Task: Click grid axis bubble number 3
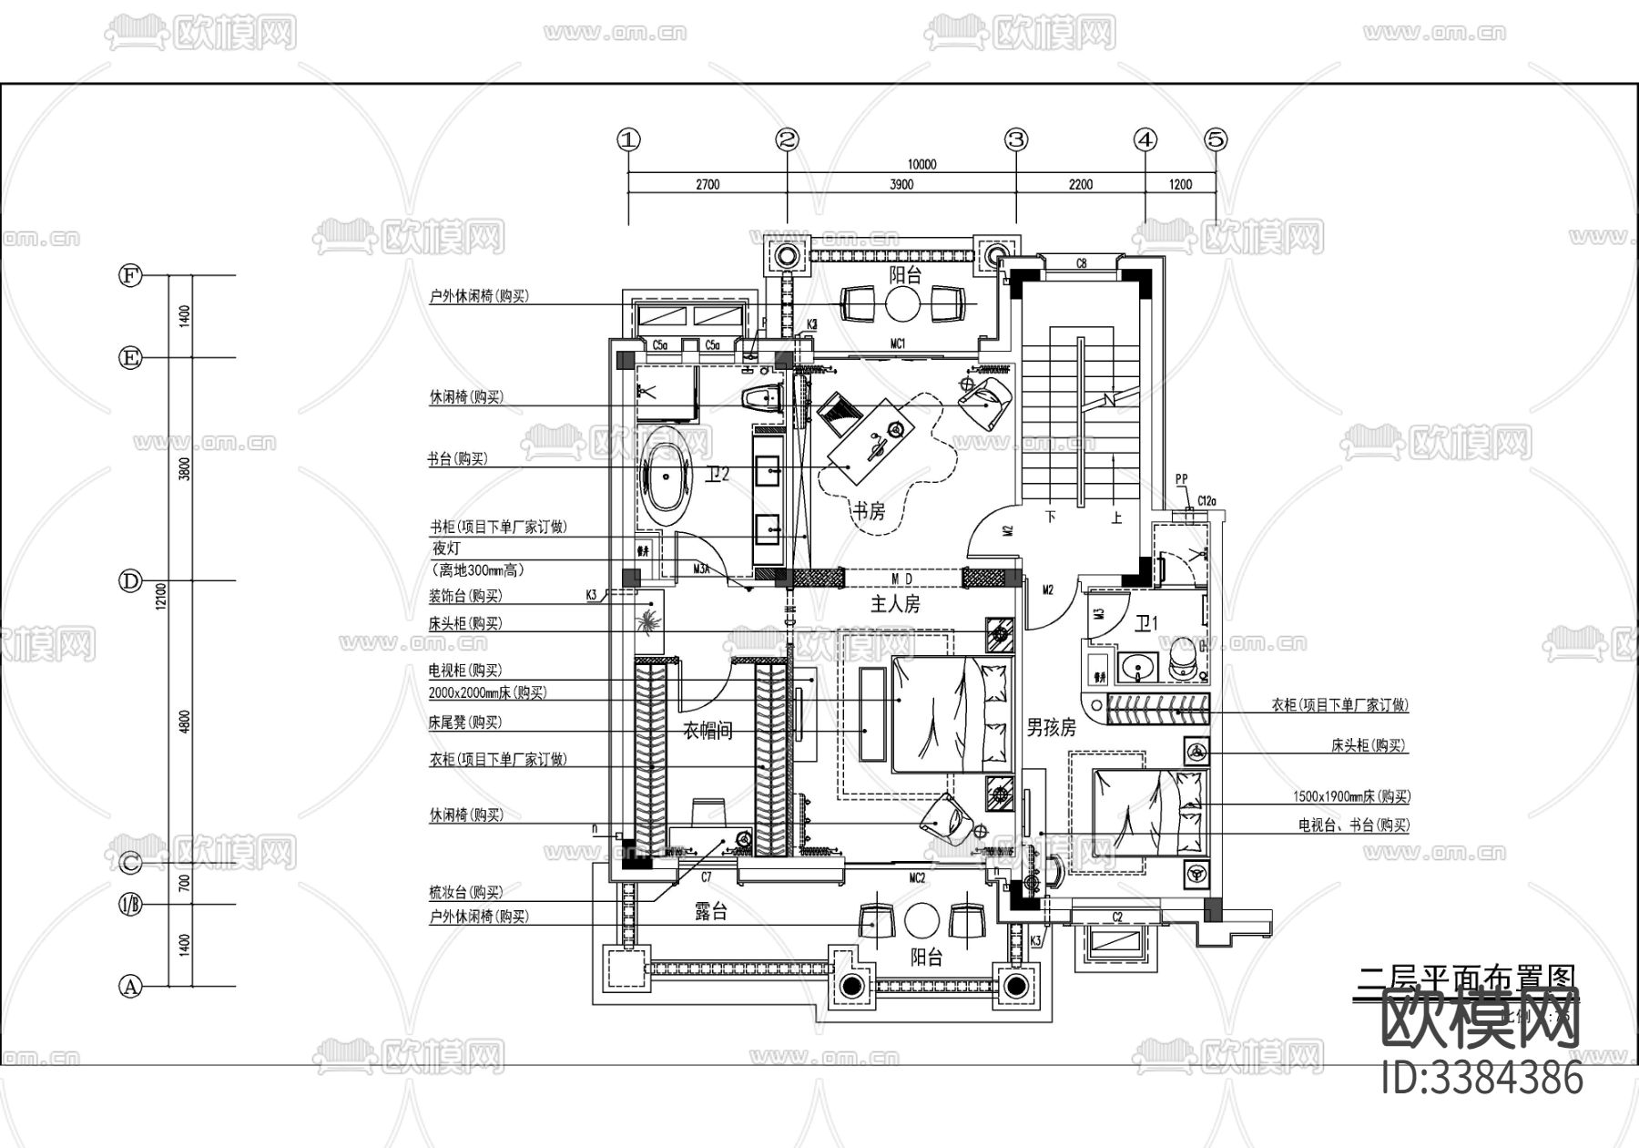click(1016, 139)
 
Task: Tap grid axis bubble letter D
click(132, 580)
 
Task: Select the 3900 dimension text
click(901, 184)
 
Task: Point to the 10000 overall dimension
click(921, 165)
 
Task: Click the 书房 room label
click(869, 511)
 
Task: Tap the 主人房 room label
click(895, 604)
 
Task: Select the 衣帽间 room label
click(708, 730)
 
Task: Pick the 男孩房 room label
click(1051, 728)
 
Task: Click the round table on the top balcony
click(904, 304)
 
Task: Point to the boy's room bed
click(1150, 810)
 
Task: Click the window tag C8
click(1081, 264)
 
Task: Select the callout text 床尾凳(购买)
click(465, 723)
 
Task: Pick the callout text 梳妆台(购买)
click(465, 893)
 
